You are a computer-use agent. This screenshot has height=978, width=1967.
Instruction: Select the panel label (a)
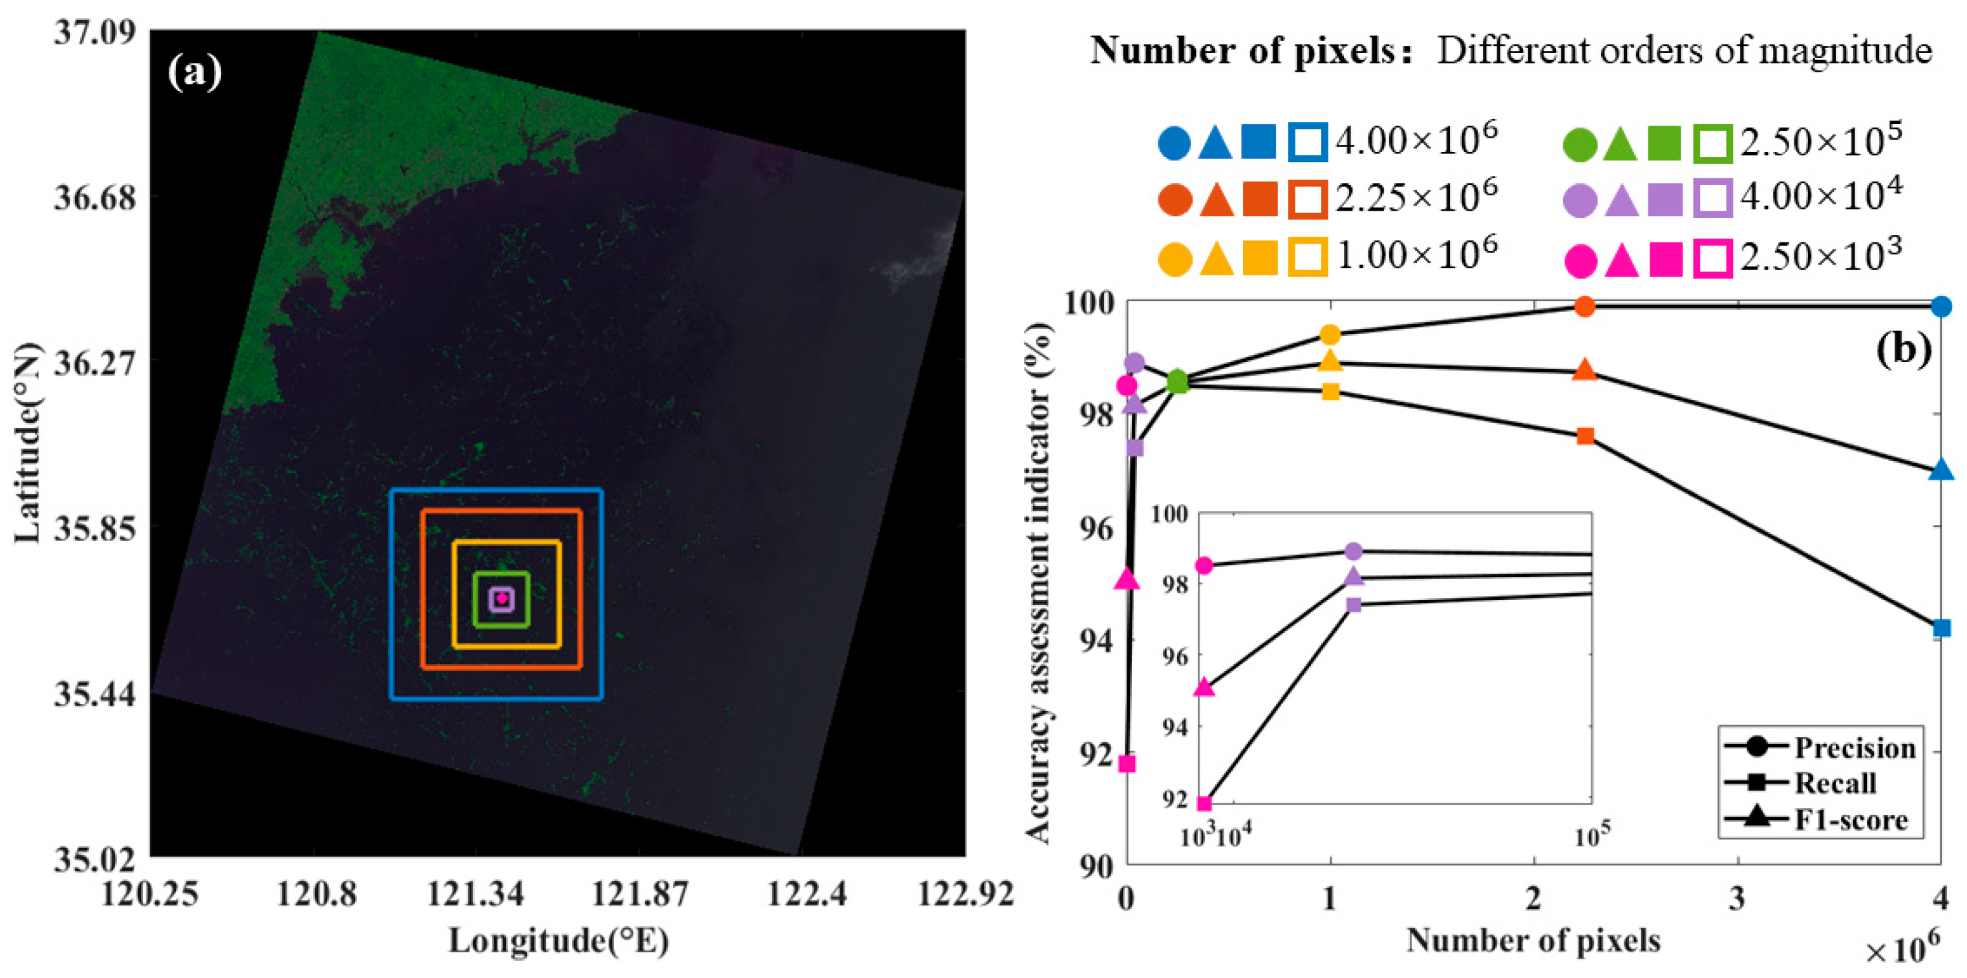(x=195, y=72)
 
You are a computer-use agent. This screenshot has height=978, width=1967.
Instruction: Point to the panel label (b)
(x=1904, y=349)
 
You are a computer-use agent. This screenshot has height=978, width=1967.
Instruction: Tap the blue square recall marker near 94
(x=1941, y=628)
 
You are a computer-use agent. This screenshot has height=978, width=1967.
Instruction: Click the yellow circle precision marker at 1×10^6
(x=1330, y=334)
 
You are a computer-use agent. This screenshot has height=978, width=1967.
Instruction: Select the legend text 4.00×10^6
(x=1416, y=140)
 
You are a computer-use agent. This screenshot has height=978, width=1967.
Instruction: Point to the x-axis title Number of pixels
(x=1533, y=940)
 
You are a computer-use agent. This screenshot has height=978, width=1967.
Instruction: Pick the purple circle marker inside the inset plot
(x=1353, y=551)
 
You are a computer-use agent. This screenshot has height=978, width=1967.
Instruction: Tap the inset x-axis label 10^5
(x=1593, y=834)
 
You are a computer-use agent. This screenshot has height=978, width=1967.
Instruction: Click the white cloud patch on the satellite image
(x=917, y=260)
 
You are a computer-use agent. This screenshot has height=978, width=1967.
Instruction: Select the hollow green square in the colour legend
(x=1714, y=144)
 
